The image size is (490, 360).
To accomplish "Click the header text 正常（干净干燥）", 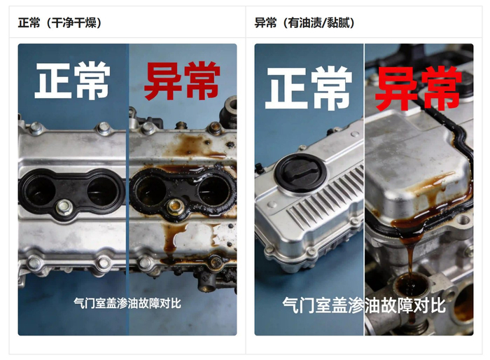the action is coord(59,23).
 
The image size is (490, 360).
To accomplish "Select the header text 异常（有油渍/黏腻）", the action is coord(304,23).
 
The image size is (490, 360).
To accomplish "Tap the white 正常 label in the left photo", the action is coord(73,81).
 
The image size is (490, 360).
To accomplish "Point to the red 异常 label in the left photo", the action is coord(182,81).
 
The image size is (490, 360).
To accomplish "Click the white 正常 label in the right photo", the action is coord(309,88).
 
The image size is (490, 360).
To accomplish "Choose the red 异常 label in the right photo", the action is coord(419,88).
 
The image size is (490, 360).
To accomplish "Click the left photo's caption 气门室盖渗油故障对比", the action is coord(127,303).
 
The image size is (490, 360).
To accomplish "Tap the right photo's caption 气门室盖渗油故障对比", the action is coord(364,305).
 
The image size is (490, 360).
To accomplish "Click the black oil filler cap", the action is coord(300,172).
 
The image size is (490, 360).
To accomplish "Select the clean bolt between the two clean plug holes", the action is coord(64,207).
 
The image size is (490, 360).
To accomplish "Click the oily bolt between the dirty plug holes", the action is coord(175,207).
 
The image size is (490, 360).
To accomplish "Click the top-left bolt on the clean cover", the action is coord(36,128).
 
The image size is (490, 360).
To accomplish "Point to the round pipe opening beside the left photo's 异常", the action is coord(231,104).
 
